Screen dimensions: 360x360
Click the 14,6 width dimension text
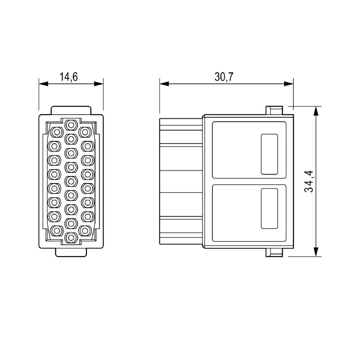click(69, 76)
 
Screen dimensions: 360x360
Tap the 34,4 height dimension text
click(309, 181)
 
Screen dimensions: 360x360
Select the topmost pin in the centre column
click(71, 124)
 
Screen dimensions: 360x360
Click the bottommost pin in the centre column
click(71, 237)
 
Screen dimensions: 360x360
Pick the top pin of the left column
click(56, 132)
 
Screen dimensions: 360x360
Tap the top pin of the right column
click(85, 132)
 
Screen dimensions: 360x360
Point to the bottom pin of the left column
click(56, 230)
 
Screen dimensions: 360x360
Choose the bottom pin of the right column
click(85, 230)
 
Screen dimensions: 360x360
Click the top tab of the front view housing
click(71, 110)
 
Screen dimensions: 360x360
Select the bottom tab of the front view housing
click(71, 252)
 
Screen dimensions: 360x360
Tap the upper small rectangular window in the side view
click(269, 154)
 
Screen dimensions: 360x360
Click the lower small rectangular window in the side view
click(269, 208)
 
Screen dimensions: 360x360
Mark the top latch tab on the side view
click(274, 110)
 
